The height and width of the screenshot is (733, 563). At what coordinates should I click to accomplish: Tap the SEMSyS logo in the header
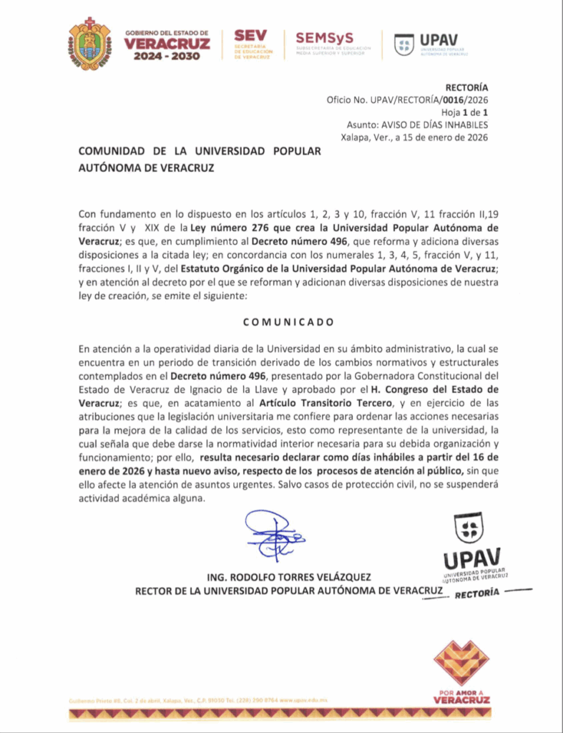click(328, 43)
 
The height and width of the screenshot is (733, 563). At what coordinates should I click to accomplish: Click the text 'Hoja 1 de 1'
click(464, 113)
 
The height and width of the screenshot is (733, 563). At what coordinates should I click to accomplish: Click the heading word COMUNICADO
click(288, 321)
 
